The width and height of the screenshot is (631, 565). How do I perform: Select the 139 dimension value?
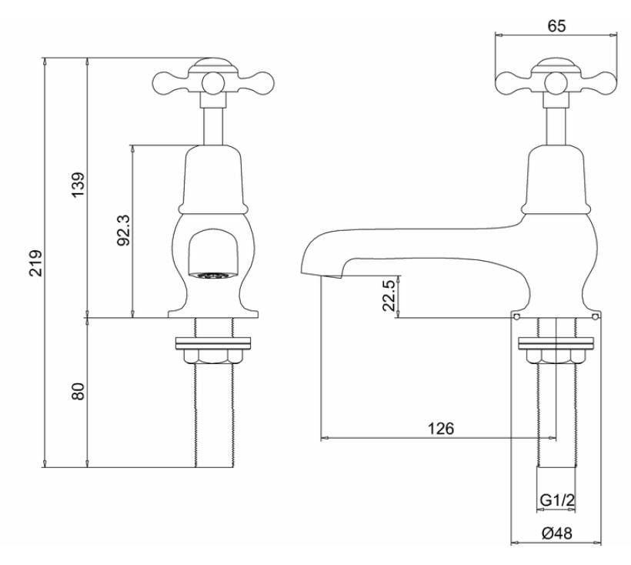[x=78, y=186]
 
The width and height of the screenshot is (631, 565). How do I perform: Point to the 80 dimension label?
[x=78, y=391]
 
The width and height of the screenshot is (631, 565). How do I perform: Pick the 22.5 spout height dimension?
[x=390, y=296]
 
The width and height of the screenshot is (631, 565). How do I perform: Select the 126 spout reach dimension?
[x=443, y=429]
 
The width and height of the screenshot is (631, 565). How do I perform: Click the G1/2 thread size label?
[x=556, y=500]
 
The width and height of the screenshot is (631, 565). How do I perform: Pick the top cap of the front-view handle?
[x=213, y=63]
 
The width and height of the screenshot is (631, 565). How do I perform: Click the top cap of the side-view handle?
[x=556, y=63]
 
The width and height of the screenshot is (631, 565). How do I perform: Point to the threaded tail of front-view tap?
[x=213, y=416]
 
